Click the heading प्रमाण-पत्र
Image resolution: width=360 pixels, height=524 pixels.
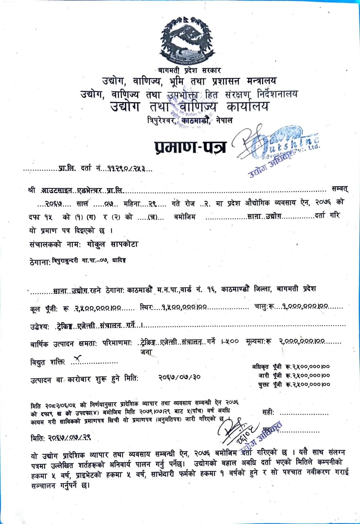click(190, 147)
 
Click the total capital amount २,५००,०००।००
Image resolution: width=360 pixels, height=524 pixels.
click(98, 308)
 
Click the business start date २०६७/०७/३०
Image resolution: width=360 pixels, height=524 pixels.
click(179, 377)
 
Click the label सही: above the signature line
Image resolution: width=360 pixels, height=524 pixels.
click(268, 412)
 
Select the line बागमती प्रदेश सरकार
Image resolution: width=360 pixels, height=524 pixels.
click(189, 70)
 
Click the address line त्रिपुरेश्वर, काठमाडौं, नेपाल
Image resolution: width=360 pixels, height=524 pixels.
click(190, 121)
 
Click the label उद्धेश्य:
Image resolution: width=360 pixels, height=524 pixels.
click(40, 326)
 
